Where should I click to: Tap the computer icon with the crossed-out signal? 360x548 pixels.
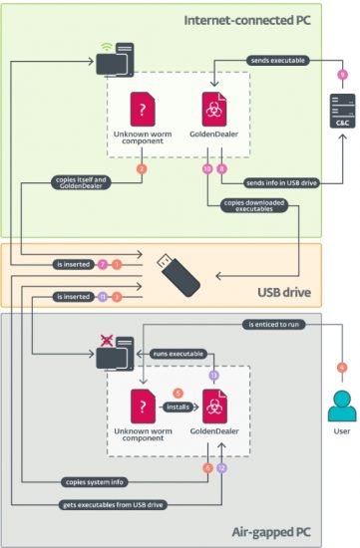coord(113,350)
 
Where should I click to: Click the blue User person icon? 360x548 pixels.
coord(342,406)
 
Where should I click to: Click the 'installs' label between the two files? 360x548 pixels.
coord(179,408)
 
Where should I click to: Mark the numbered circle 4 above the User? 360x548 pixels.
coord(342,367)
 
